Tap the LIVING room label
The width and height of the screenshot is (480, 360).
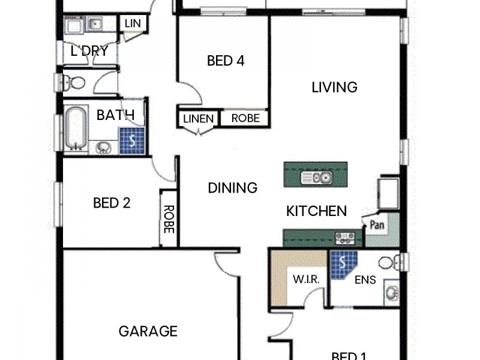click(x=334, y=87)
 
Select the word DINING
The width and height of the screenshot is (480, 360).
click(x=232, y=188)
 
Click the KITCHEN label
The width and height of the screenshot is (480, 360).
click(x=316, y=211)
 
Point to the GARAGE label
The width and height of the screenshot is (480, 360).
click(x=148, y=331)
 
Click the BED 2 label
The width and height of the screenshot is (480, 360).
click(x=112, y=203)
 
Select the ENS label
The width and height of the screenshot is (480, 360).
click(x=365, y=280)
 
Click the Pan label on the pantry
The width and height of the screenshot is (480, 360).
click(x=377, y=226)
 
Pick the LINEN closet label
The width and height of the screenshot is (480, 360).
click(x=198, y=119)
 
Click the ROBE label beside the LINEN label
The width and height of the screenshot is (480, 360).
click(x=245, y=119)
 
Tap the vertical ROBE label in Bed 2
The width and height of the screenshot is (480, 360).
click(x=169, y=218)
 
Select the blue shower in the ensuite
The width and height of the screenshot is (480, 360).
click(x=343, y=264)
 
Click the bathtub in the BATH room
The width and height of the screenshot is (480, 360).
click(x=75, y=128)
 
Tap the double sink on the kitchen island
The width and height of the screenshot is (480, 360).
click(x=317, y=177)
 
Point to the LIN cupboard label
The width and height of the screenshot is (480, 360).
click(x=132, y=23)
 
